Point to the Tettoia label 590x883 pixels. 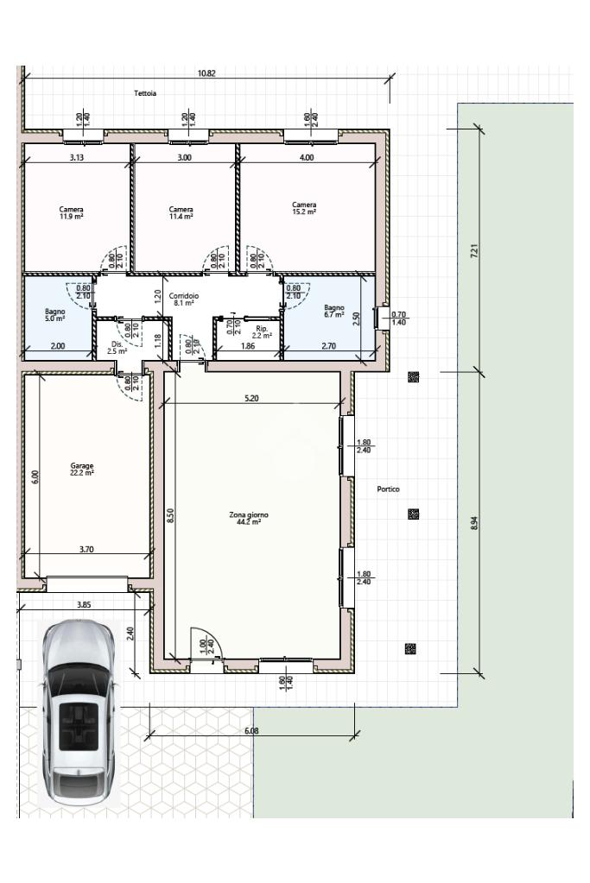click(145, 93)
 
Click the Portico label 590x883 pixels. click(388, 489)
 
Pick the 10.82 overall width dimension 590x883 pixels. click(206, 73)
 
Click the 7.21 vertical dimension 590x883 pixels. click(474, 250)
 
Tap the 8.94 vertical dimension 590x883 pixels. click(474, 523)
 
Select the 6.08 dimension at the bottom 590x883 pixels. click(251, 731)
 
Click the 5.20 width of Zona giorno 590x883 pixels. click(251, 398)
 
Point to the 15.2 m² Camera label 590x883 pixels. click(304, 208)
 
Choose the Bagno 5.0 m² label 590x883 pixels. click(55, 315)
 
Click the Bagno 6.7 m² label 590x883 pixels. click(334, 312)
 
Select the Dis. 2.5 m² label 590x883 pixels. click(117, 348)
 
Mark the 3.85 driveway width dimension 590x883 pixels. click(84, 605)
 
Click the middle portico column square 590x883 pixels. click(413, 514)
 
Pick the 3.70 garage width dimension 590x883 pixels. click(86, 549)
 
